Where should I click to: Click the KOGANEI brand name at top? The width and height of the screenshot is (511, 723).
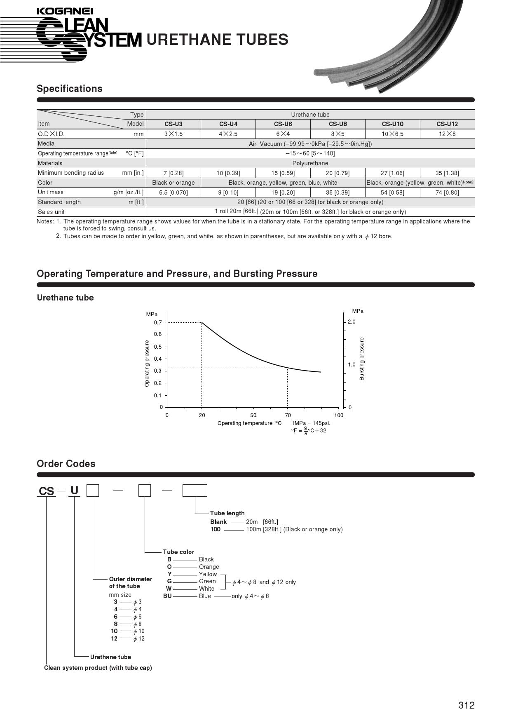[x=65, y=11]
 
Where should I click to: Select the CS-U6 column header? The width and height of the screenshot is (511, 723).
[x=283, y=124]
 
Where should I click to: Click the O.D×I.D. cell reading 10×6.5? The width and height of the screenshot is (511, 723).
[x=392, y=134]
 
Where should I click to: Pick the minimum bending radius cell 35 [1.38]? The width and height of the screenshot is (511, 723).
[x=447, y=173]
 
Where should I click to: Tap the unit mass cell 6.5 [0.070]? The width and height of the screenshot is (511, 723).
[x=173, y=192]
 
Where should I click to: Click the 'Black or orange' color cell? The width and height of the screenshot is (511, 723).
[x=173, y=183]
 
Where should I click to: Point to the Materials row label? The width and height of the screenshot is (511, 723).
[x=50, y=163]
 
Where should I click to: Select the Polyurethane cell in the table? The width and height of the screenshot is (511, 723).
[x=310, y=163]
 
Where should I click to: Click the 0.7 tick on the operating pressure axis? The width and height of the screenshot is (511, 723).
[x=158, y=322]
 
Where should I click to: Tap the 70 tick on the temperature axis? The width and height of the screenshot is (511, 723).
[x=288, y=415]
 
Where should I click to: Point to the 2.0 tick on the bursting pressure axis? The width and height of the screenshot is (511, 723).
[x=351, y=322]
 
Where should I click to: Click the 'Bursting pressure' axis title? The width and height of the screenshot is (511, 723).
[x=362, y=359]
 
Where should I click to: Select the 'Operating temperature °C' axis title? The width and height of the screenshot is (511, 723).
[x=249, y=423]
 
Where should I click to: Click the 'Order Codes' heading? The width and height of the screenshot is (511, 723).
[x=66, y=464]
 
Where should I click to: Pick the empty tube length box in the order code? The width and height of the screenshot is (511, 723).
[x=195, y=491]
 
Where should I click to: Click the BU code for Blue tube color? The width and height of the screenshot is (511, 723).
[x=167, y=596]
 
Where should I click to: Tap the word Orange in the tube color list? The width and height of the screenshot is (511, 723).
[x=209, y=567]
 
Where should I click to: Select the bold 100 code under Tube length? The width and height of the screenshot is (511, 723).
[x=216, y=529]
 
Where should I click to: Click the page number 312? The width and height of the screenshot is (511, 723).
[x=466, y=705]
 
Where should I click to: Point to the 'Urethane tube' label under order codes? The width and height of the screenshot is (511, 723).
[x=110, y=657]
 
